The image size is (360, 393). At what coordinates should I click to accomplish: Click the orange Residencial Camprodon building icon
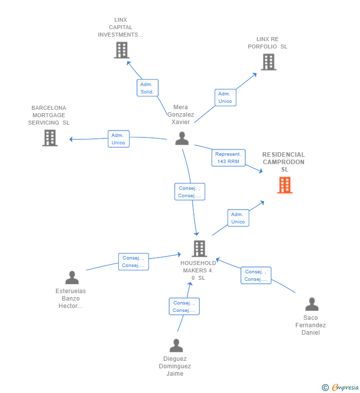click(284, 185)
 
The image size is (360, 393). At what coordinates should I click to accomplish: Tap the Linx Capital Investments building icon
click(122, 50)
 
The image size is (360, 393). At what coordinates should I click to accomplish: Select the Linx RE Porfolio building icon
click(269, 62)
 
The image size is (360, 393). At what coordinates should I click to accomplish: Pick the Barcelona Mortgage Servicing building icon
click(50, 138)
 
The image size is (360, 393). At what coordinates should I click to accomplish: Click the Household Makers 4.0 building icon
click(199, 249)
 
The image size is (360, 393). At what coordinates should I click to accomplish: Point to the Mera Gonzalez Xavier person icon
click(182, 138)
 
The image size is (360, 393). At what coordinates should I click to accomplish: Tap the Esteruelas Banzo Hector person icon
click(72, 277)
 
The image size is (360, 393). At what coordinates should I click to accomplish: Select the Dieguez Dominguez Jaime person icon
click(176, 346)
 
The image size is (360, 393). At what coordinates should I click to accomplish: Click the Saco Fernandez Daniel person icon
click(312, 304)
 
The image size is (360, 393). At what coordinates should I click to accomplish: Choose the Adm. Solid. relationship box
click(147, 88)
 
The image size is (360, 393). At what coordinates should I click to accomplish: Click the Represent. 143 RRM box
click(228, 158)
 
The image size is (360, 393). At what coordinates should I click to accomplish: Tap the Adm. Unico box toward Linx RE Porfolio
click(225, 97)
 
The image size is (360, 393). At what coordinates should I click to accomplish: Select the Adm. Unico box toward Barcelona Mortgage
click(119, 139)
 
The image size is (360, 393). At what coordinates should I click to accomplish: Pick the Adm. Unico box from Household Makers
click(238, 218)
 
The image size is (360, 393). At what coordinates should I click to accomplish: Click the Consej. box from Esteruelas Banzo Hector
click(134, 262)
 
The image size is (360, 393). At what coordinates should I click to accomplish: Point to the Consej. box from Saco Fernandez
click(256, 275)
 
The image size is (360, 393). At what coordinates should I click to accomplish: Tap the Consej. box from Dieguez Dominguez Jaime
click(184, 306)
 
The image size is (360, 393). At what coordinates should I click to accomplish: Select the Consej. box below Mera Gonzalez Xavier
click(190, 192)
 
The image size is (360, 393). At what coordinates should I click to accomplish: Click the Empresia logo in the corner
click(340, 387)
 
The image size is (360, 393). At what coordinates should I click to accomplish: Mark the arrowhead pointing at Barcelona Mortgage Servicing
click(71, 139)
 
